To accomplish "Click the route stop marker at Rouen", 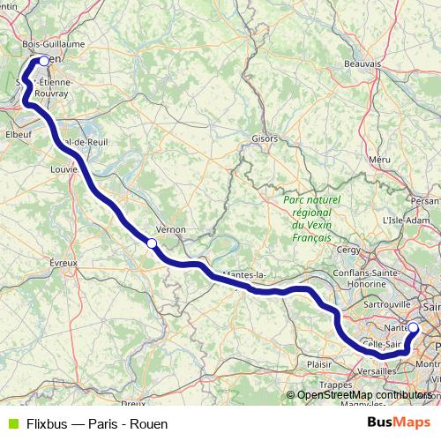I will [43, 61].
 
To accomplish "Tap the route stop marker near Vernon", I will [152, 243].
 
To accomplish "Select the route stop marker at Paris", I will [413, 327].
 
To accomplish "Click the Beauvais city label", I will [363, 64].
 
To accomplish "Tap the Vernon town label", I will [170, 228].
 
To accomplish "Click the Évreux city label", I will [64, 263].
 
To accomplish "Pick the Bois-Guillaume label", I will [53, 43].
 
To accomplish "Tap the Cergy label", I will [349, 250].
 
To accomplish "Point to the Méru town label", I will [380, 159].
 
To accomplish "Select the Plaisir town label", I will [318, 363].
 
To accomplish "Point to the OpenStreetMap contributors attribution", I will [364, 395].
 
